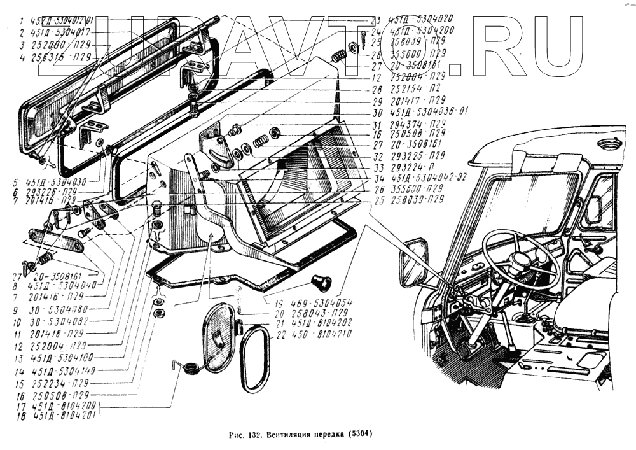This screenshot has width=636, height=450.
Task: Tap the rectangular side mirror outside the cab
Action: (415, 262)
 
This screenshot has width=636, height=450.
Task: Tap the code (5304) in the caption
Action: (358, 435)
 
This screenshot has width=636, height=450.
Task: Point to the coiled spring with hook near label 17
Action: (188, 367)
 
